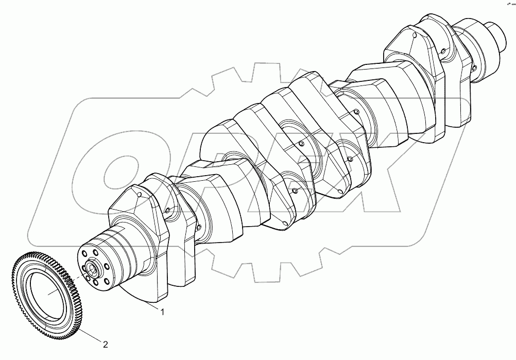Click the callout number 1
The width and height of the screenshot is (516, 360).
click(x=163, y=312)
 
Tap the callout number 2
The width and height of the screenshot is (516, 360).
click(x=105, y=344)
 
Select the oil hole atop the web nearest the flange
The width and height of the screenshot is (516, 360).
click(x=140, y=194)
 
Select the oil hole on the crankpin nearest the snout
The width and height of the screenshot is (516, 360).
click(x=443, y=52)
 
